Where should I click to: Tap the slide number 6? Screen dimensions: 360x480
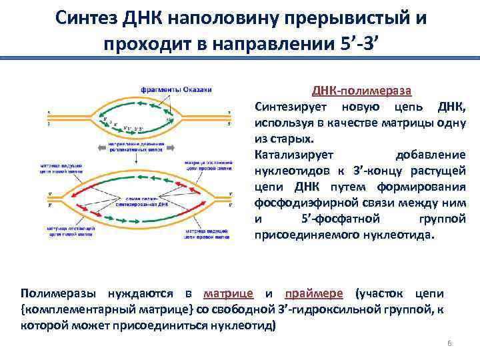pyautogui.click(x=449, y=343)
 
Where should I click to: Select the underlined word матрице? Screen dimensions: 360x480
pyautogui.click(x=228, y=294)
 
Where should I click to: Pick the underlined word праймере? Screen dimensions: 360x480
pyautogui.click(x=314, y=294)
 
